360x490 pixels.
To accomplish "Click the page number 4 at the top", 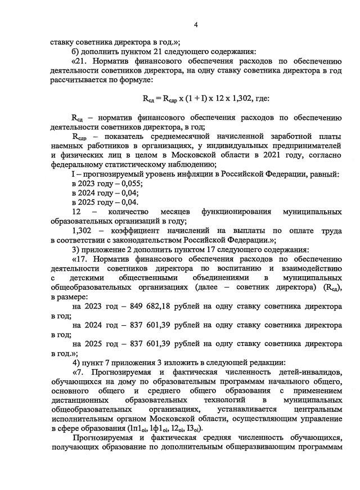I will pos(196,25).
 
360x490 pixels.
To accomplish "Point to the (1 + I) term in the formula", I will pos(191,99).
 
